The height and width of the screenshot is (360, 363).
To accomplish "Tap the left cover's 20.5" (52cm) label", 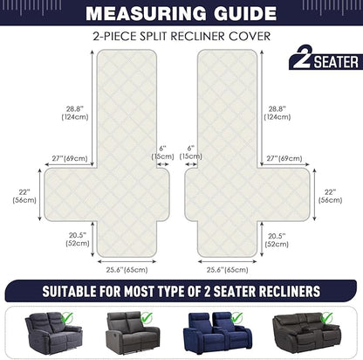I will tap(78, 239).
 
